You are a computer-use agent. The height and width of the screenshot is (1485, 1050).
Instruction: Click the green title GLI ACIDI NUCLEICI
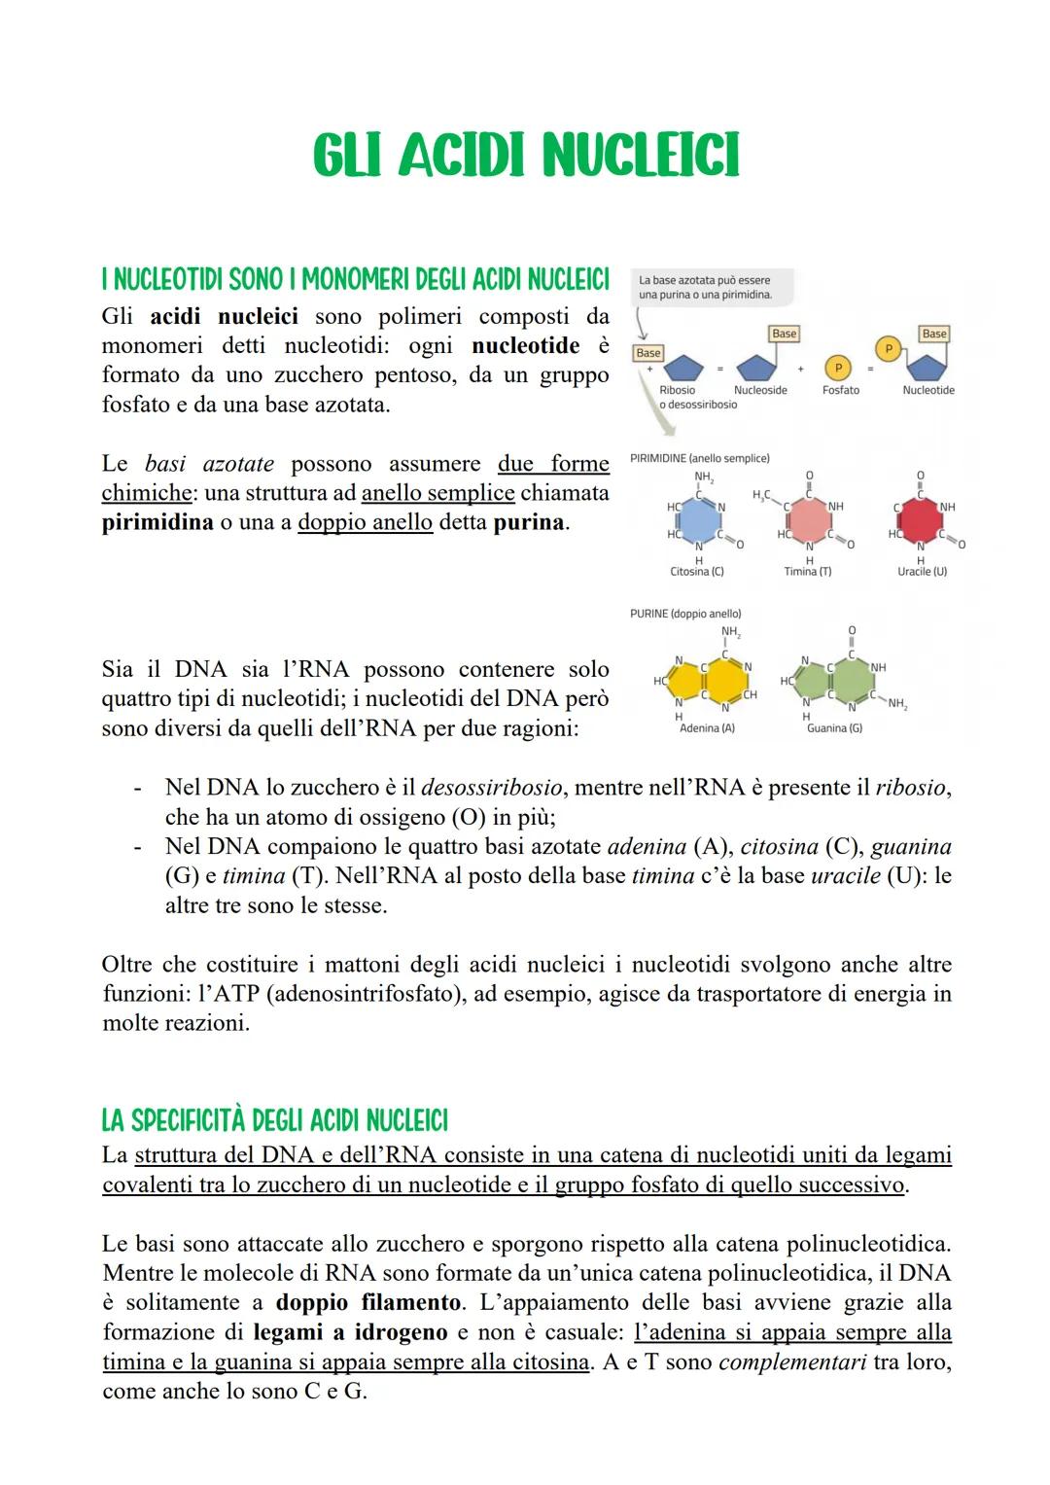525,156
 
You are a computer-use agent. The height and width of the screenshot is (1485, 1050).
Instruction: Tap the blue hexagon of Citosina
699,520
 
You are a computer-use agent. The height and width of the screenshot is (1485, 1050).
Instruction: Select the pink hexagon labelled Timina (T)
808,520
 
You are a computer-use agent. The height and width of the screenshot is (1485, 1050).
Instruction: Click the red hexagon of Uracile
919,520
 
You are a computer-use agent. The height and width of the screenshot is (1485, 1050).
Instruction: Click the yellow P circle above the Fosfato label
838,368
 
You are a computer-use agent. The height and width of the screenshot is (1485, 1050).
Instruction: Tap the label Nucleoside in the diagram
760,390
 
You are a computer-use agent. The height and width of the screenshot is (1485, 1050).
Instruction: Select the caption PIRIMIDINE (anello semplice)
699,458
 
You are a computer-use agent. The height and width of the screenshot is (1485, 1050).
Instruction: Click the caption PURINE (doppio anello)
685,614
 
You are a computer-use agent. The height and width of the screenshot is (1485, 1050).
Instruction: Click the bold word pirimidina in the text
157,522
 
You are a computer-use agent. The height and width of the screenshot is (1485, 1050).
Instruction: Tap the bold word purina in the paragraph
529,522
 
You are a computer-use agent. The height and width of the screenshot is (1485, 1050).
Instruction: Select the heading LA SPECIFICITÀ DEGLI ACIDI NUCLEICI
274,1121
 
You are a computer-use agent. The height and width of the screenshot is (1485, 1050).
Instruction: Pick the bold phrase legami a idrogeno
350,1332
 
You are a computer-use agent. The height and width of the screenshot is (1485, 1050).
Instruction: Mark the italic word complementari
792,1361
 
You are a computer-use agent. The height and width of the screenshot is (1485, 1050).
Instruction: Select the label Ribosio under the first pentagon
677,390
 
